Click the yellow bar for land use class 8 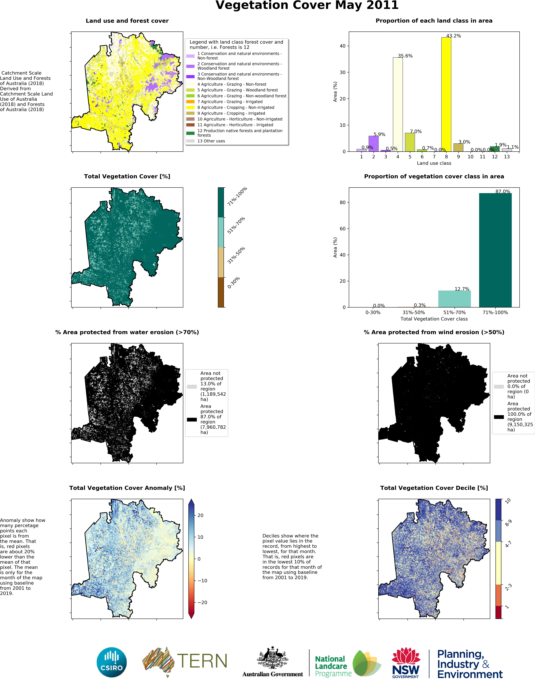[446, 95]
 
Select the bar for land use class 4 [397, 104]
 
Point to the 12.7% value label [462, 289]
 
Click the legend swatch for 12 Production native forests [190, 133]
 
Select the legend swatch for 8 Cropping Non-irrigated [190, 107]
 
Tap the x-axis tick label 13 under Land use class [507, 157]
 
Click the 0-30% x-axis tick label [373, 312]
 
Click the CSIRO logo [112, 662]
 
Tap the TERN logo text [202, 661]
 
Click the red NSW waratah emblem [406, 656]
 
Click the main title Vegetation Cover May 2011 [307, 5]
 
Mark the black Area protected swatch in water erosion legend [192, 420]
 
